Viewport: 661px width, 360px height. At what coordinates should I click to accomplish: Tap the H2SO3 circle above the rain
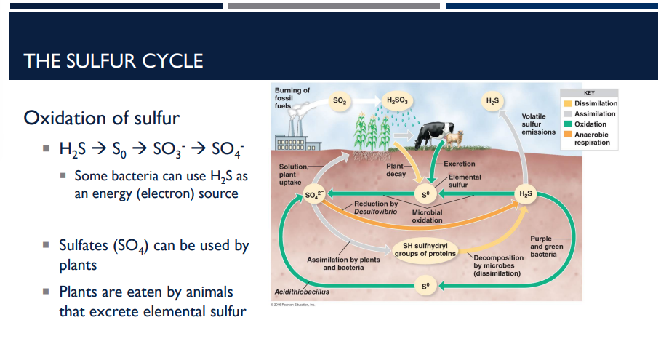pyautogui.click(x=398, y=100)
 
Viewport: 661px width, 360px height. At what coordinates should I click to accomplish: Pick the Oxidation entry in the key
pyautogui.click(x=590, y=124)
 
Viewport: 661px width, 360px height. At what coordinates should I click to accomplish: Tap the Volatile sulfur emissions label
pyautogui.click(x=538, y=124)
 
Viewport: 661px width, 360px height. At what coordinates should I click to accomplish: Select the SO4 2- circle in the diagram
pyautogui.click(x=313, y=194)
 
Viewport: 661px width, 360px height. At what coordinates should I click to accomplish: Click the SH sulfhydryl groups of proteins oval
pyautogui.click(x=425, y=250)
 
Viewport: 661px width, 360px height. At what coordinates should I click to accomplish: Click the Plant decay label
pyautogui.click(x=396, y=170)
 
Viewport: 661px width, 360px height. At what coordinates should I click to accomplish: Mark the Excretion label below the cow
pyautogui.click(x=459, y=164)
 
